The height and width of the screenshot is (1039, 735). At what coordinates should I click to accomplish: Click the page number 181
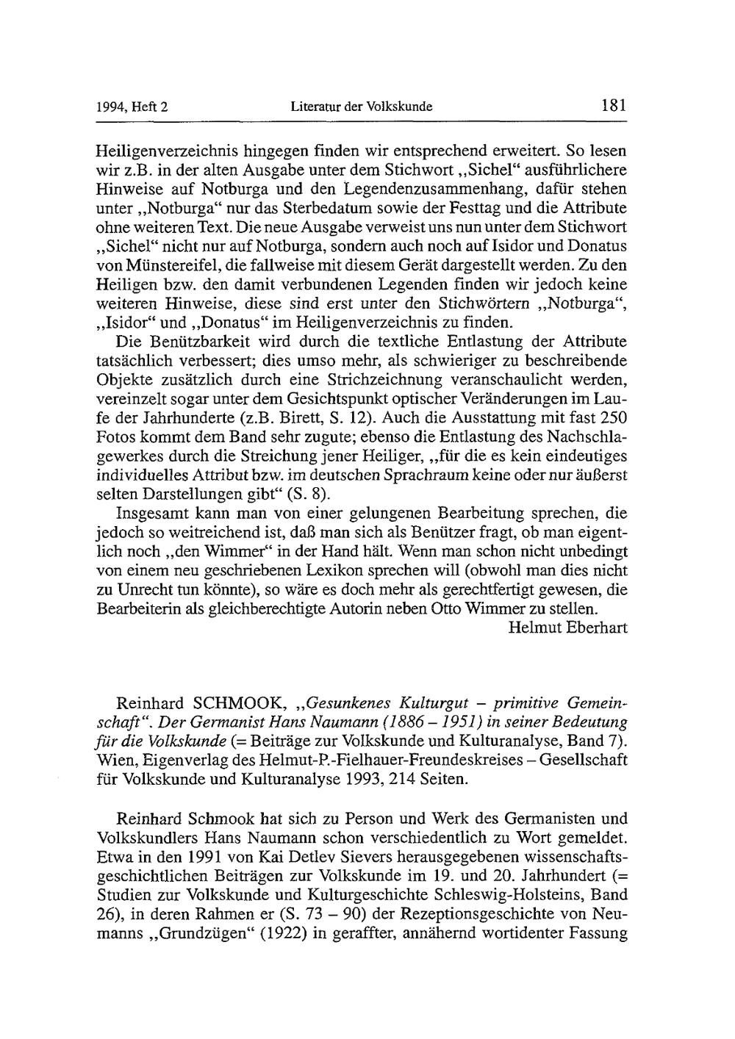[612, 105]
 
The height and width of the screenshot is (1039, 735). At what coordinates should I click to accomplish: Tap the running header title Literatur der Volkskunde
[361, 107]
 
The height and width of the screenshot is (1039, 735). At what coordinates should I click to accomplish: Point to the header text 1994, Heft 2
[132, 107]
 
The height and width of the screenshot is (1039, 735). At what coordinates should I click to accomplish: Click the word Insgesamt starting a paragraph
[160, 513]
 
